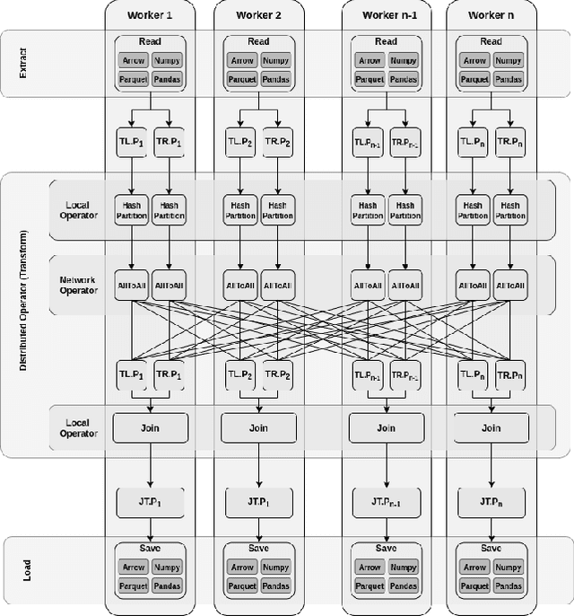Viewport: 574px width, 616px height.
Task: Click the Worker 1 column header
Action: coord(151,15)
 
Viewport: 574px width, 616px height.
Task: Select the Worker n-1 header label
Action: coord(386,15)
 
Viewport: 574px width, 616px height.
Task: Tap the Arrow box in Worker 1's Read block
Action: coord(134,61)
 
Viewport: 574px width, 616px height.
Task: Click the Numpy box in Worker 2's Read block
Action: coord(274,61)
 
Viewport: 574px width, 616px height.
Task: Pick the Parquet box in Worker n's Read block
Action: coord(474,78)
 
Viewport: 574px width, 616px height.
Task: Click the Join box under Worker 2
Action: coord(258,427)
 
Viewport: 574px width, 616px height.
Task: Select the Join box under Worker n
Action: coord(491,427)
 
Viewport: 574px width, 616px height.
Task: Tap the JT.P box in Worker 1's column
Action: coord(151,499)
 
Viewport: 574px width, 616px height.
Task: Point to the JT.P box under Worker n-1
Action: coord(386,499)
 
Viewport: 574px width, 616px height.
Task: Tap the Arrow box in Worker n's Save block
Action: coord(474,568)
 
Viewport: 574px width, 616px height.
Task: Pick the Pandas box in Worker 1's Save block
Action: coord(168,585)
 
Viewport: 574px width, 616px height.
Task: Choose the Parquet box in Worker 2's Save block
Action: coord(241,585)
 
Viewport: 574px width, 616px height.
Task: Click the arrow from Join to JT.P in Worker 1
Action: coord(151,464)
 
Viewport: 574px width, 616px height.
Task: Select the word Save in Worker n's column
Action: coord(491,549)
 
